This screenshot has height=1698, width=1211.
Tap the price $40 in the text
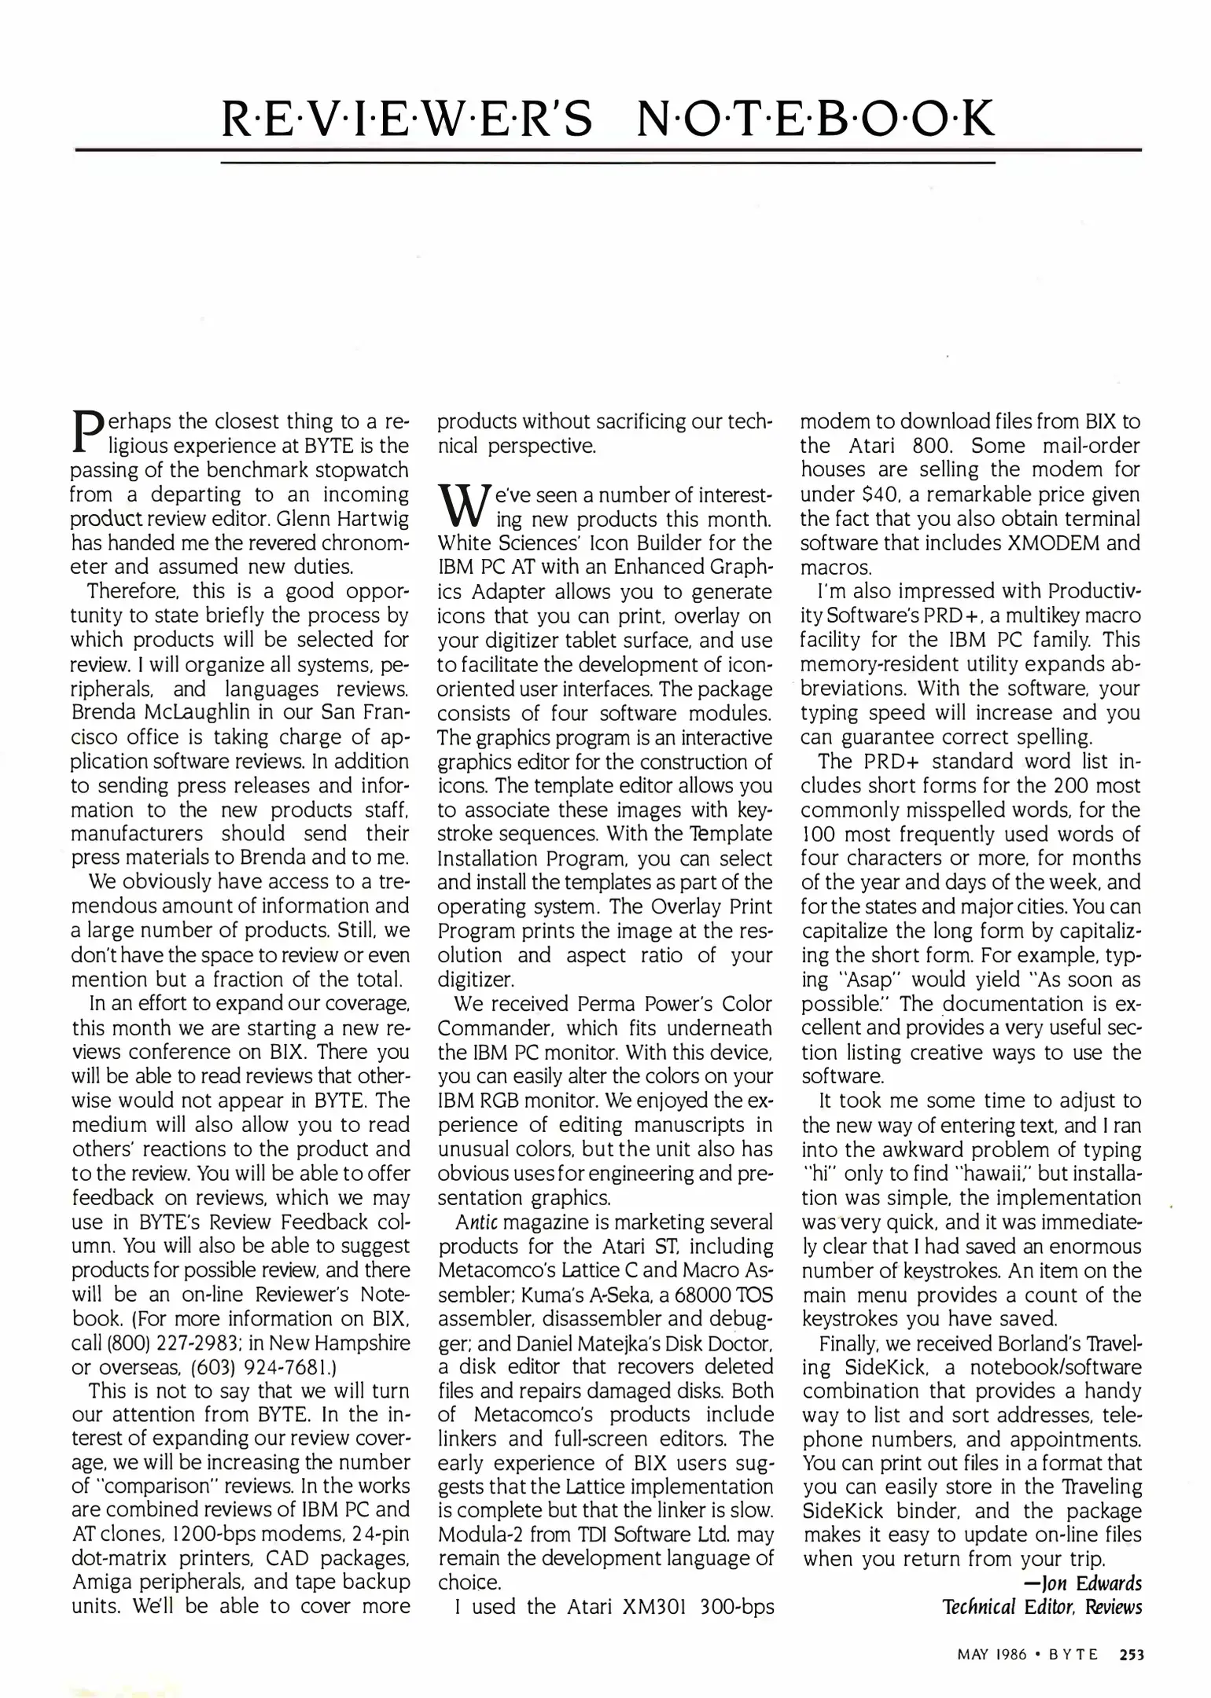[x=864, y=494]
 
